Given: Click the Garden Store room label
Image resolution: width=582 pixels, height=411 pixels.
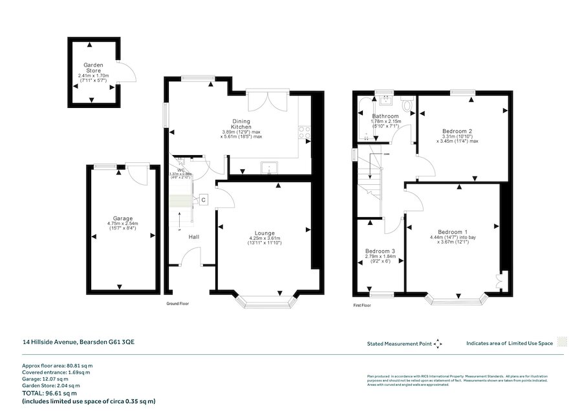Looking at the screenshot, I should click(x=94, y=68).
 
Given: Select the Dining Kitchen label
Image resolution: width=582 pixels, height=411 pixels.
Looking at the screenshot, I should click(x=241, y=124).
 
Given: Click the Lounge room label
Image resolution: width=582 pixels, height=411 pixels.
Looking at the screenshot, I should click(x=264, y=233).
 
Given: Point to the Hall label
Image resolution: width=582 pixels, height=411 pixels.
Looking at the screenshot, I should click(x=193, y=237).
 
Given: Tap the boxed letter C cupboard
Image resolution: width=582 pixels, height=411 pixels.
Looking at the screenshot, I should click(x=203, y=200).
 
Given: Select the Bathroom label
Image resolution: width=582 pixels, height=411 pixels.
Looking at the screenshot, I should click(x=385, y=116).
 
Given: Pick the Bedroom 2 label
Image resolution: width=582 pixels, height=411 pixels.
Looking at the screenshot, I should click(x=457, y=131).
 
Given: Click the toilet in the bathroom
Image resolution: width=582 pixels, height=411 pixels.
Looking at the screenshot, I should click(x=406, y=103).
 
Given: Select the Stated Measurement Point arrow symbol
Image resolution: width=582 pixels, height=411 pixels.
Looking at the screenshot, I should click(x=438, y=343).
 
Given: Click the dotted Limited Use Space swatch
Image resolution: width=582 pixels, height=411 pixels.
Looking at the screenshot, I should click(x=563, y=342).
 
